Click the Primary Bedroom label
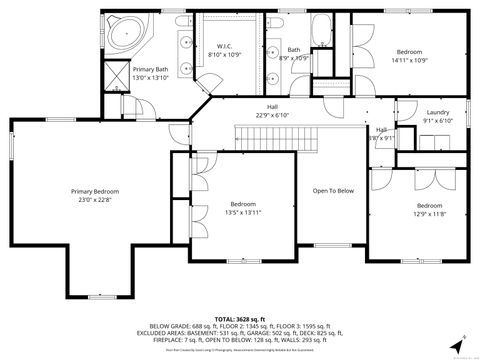95,190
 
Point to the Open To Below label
333,190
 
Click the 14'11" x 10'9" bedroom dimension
409,60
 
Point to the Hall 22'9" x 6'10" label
271,111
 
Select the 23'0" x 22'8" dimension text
95,198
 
